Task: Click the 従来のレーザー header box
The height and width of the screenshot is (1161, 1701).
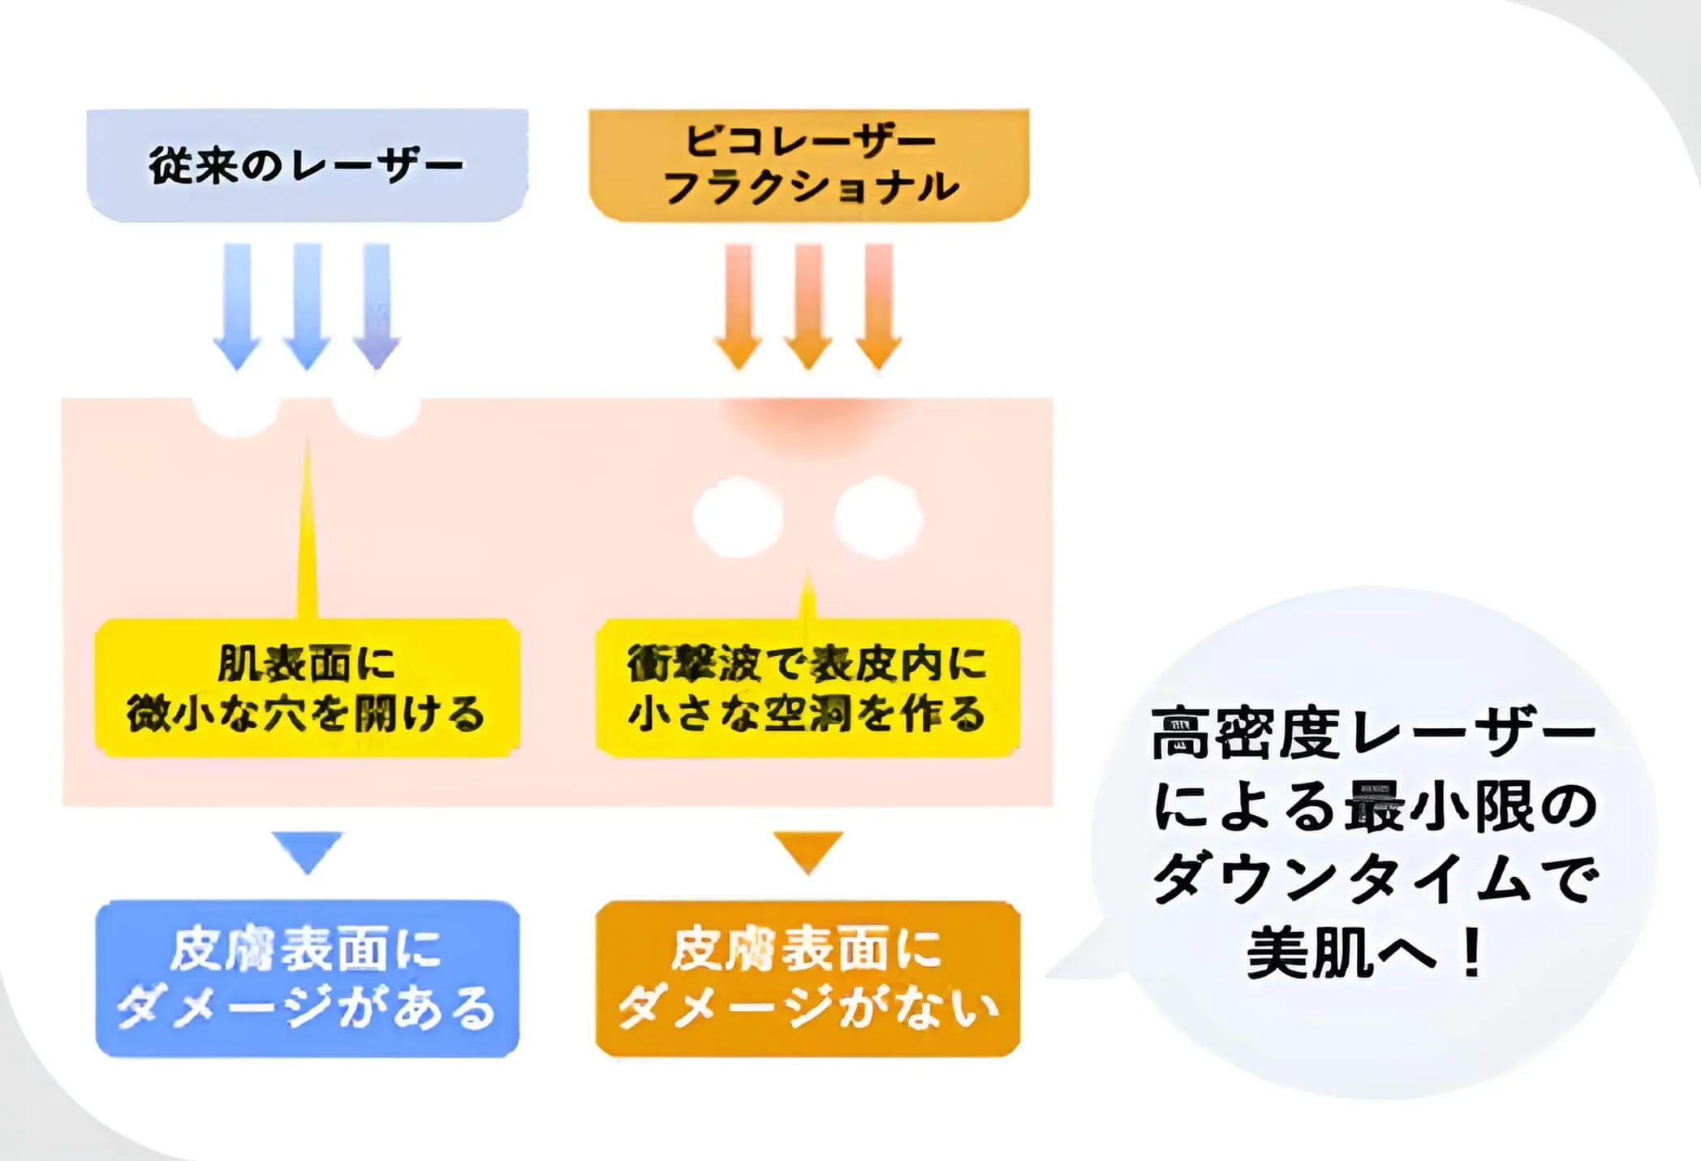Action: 307,165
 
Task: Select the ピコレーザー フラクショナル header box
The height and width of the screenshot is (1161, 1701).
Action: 809,165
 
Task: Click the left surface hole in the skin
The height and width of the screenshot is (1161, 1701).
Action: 236,414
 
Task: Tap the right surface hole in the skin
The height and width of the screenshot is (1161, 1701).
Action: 376,414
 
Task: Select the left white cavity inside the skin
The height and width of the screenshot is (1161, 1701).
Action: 738,517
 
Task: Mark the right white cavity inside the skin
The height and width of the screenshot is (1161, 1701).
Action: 878,517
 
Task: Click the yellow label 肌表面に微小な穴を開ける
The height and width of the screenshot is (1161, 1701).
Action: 307,688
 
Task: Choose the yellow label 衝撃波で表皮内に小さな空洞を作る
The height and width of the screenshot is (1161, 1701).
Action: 807,688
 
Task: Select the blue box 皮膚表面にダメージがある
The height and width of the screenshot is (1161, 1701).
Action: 307,978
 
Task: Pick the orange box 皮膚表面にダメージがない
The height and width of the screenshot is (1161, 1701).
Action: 807,978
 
